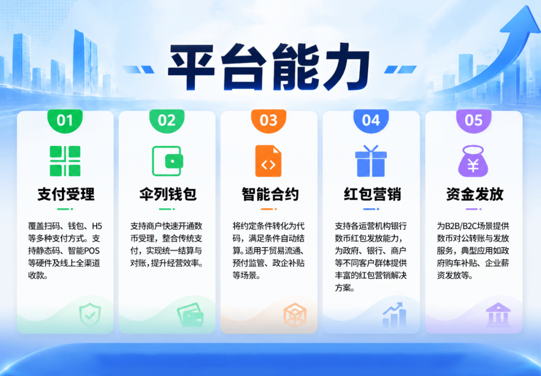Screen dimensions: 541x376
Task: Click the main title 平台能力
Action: click(268, 67)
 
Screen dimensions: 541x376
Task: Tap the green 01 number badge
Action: click(65, 121)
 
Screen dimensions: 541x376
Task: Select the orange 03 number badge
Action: click(268, 121)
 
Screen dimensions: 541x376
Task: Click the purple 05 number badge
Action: click(473, 121)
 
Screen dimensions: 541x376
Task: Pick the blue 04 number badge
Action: click(371, 121)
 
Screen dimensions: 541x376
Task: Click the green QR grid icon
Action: click(65, 161)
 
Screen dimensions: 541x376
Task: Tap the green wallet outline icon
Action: click(167, 161)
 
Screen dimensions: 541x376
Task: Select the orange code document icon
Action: click(268, 161)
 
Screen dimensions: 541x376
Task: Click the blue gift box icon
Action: click(371, 161)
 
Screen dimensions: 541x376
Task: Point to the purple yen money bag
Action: click(473, 161)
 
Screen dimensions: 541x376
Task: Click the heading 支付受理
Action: click(66, 194)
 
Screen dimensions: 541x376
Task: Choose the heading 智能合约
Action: click(270, 194)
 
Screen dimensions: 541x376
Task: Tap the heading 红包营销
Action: click(372, 194)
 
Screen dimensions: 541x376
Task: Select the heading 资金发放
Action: click(475, 194)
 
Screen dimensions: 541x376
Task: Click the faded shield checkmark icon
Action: click(90, 314)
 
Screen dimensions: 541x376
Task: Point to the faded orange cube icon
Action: click(295, 314)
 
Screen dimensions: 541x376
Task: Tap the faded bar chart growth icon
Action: click(394, 314)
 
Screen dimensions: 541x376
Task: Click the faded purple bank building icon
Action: click(498, 314)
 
